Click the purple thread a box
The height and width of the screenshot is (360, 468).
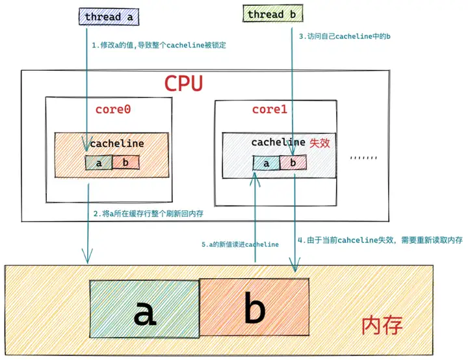(107, 17)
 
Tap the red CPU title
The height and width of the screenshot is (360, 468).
(183, 84)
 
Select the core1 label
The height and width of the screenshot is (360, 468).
(269, 109)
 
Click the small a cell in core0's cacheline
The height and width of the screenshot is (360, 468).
(99, 162)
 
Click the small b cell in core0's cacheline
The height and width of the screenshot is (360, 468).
(125, 162)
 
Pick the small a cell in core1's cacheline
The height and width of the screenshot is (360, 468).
(266, 163)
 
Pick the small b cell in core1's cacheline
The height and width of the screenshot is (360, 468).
(293, 163)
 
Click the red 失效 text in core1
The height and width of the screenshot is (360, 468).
(320, 142)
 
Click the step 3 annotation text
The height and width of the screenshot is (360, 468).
(344, 37)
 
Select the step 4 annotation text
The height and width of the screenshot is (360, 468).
(380, 240)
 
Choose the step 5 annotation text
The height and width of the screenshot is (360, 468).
(240, 244)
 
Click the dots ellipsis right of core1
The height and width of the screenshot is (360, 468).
(363, 157)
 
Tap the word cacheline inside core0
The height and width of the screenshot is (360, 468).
(117, 144)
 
